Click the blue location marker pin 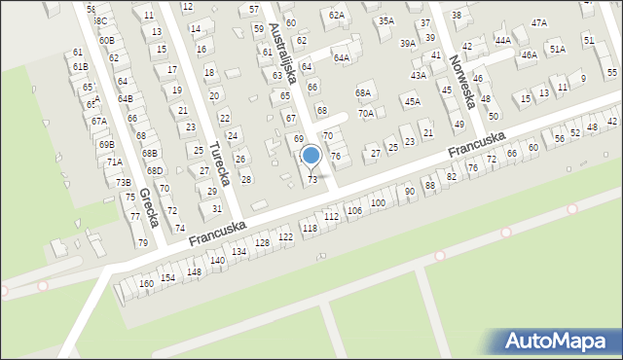pyautogui.click(x=311, y=156)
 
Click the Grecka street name pyautogui.click(x=149, y=207)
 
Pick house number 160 pyautogui.click(x=146, y=283)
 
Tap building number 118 pyautogui.click(x=310, y=228)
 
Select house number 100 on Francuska pyautogui.click(x=377, y=202)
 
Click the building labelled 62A pyautogui.click(x=337, y=15)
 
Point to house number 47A pyautogui.click(x=538, y=21)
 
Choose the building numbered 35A pyautogui.click(x=386, y=20)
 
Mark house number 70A pyautogui.click(x=365, y=113)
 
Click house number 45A pyautogui.click(x=412, y=101)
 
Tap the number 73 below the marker pyautogui.click(x=312, y=180)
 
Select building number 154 pyautogui.click(x=167, y=277)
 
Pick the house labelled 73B pyautogui.click(x=123, y=182)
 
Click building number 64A pyautogui.click(x=341, y=57)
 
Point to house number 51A pyautogui.click(x=557, y=48)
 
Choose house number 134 pyautogui.click(x=238, y=251)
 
